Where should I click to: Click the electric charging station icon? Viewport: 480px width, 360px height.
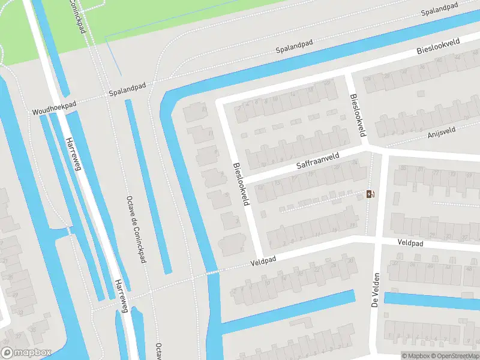(371, 194)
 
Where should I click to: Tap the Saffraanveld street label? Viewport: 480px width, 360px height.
(319, 160)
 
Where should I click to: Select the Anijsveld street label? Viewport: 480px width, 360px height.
(442, 131)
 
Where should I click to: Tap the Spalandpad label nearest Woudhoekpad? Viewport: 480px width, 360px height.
(127, 93)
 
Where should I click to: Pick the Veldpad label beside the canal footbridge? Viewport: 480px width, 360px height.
(263, 262)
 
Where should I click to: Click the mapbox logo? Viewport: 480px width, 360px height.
(25, 353)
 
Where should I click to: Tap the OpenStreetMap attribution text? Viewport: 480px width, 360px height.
(456, 356)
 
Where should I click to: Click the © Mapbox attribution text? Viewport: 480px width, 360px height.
(416, 356)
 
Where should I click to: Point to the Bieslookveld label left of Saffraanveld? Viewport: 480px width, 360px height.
(241, 184)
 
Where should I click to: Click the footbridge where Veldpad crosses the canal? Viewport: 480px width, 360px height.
(212, 272)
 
